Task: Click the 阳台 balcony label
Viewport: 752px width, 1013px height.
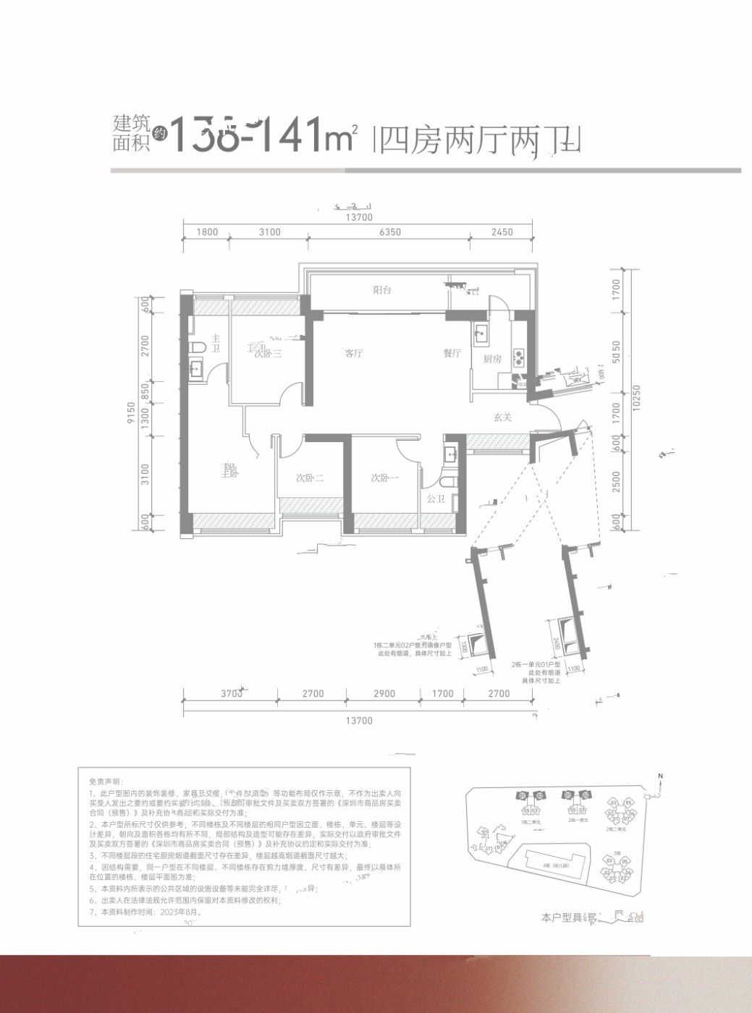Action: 382,290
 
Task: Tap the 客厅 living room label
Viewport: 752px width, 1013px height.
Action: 353,354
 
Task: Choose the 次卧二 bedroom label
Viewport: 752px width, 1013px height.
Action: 309,478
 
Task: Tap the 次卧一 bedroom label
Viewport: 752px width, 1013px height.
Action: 384,478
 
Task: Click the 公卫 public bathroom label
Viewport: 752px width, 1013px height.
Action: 435,499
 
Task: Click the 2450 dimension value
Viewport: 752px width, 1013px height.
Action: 501,232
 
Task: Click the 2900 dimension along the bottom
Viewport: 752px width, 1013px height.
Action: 384,694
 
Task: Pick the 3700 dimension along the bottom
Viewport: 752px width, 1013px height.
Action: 231,694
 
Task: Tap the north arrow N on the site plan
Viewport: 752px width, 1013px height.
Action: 661,776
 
